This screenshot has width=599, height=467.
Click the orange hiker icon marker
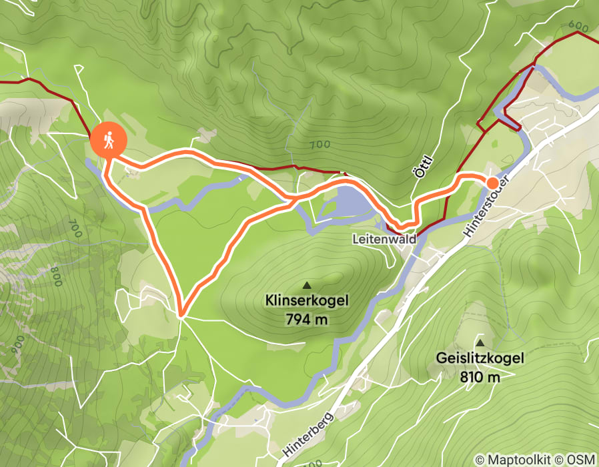tap(107, 140)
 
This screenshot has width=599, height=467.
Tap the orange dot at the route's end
tap(492, 183)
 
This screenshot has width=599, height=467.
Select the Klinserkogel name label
tap(307, 301)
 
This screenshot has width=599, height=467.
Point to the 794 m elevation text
tap(307, 320)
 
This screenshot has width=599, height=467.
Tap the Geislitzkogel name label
tap(480, 358)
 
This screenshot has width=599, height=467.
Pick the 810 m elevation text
tap(480, 377)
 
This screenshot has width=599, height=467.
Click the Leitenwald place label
tap(385, 238)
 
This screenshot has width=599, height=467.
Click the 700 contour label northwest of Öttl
tap(320, 144)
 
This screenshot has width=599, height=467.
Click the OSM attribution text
tap(580, 460)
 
